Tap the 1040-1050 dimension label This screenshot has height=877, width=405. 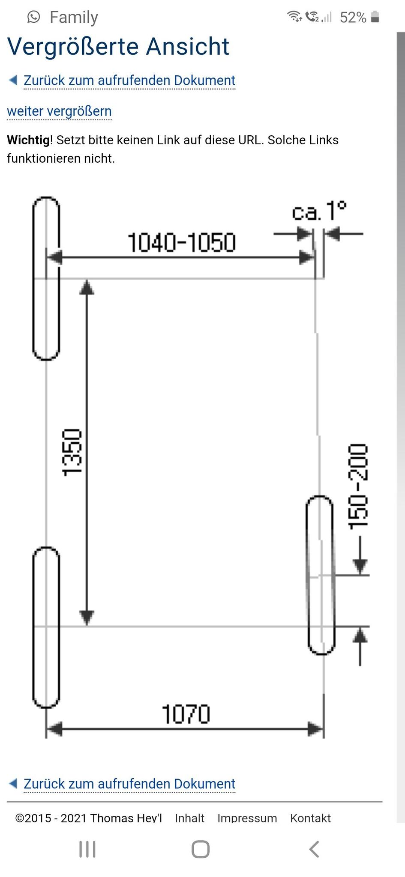tap(182, 242)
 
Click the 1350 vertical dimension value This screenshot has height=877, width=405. tap(72, 452)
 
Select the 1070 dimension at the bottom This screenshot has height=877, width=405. tap(186, 714)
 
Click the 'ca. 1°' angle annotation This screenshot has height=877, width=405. tap(319, 211)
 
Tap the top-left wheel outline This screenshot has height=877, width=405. tap(46, 278)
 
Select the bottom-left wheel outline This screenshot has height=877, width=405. tap(46, 627)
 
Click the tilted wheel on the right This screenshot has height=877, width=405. tap(320, 575)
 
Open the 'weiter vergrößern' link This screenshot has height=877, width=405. tap(59, 111)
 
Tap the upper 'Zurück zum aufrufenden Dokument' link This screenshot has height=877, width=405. tap(129, 81)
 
